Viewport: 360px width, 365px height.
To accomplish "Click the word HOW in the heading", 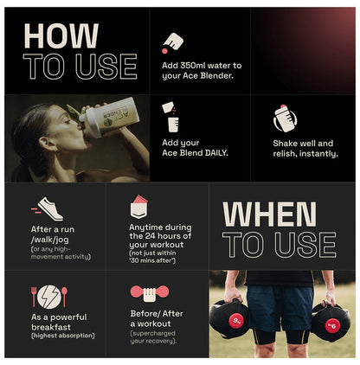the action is [x=61, y=36].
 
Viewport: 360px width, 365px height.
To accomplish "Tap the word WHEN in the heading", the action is [x=269, y=215].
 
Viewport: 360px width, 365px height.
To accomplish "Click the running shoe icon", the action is [x=47, y=208].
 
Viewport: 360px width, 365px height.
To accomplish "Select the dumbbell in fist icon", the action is [x=150, y=293].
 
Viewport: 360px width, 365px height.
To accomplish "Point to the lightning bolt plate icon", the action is [x=49, y=297].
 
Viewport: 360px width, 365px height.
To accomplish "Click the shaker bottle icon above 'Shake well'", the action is [x=285, y=118].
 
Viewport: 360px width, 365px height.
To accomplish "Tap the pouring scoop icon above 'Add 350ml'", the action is [x=172, y=42].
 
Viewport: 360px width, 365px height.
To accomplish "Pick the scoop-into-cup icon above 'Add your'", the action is [x=170, y=117].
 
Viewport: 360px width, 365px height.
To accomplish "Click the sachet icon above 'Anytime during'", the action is [x=139, y=207].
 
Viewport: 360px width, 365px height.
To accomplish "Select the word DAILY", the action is [x=216, y=153].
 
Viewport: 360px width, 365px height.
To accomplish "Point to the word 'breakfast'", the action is [x=51, y=327].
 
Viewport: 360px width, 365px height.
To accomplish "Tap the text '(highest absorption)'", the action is [x=62, y=336].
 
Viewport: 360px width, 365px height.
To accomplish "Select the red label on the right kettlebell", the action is [x=332, y=326].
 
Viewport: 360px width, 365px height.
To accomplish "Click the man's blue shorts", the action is [x=280, y=307].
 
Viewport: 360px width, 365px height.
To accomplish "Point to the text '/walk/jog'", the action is [x=50, y=240].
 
